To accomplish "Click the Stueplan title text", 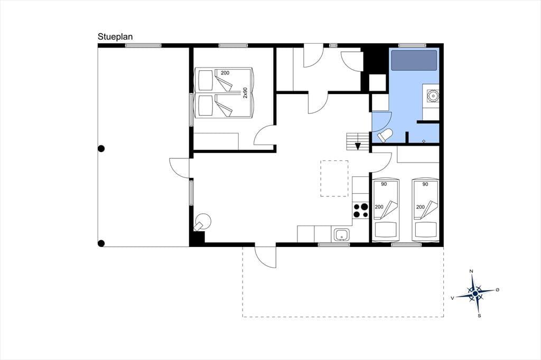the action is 115,37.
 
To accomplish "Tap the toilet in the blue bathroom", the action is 385,135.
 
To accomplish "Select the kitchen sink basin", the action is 342,234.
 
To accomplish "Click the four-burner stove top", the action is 361,210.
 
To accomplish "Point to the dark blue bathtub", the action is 414,60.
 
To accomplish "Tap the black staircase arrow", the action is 358,146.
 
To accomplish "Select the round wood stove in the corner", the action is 203,222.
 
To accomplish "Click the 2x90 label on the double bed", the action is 245,93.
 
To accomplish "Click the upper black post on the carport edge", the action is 101,149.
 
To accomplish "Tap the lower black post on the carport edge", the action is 101,243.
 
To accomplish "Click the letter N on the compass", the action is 472,271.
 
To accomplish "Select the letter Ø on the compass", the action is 497,290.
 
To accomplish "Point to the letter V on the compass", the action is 452,298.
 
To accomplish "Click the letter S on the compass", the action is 479,316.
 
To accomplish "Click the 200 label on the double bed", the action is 225,73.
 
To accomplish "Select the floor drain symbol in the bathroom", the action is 424,141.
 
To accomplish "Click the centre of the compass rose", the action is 475,293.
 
